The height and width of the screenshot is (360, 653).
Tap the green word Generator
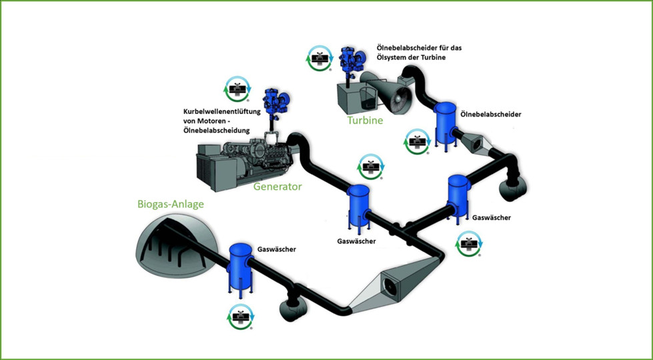(277, 187)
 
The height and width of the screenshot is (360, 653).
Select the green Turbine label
(365, 121)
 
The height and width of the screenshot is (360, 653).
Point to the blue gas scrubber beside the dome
(239, 267)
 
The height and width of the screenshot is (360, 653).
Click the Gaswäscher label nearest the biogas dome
(276, 249)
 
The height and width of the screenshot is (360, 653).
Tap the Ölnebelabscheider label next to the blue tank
(490, 114)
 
